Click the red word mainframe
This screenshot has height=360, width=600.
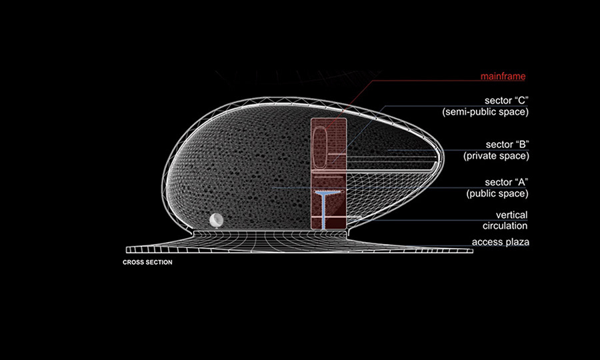click(505, 76)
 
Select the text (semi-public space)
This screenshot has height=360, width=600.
click(485, 112)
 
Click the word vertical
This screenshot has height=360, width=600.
click(512, 215)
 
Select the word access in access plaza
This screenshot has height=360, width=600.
click(486, 242)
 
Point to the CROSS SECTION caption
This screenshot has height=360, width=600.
click(147, 263)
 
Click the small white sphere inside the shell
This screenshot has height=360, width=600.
click(216, 221)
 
